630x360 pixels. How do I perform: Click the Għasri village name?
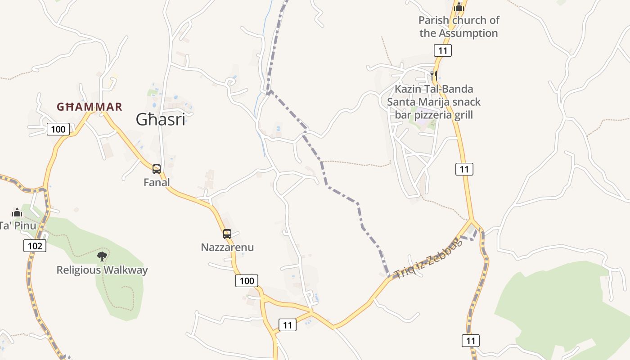[x=161, y=120]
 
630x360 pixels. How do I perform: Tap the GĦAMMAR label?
[x=89, y=107]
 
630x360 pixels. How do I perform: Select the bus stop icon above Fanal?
[x=157, y=169]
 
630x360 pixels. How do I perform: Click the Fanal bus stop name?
[x=157, y=182]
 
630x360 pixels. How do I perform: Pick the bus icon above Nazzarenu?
[x=227, y=234]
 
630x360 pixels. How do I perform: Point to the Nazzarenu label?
[x=227, y=247]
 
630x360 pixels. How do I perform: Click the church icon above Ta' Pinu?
[x=17, y=212]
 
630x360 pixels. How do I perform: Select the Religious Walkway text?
[x=102, y=270]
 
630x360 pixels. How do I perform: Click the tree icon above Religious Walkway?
[x=102, y=256]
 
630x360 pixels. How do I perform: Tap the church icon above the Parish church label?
[x=459, y=7]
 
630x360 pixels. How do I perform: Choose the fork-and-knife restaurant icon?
[x=434, y=75]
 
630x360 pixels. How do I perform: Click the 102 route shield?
[x=35, y=246]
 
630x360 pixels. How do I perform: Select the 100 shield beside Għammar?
[x=58, y=130]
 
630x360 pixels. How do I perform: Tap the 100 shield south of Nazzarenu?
[x=247, y=281]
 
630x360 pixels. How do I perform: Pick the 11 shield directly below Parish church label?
[x=443, y=50]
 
